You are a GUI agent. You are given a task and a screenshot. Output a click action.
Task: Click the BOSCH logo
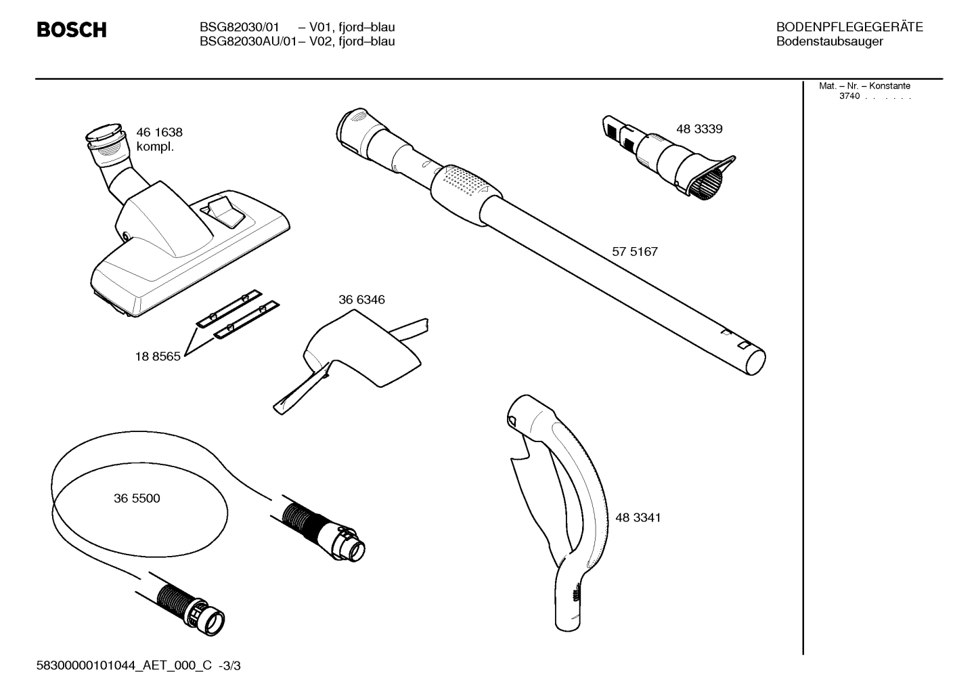coord(71,30)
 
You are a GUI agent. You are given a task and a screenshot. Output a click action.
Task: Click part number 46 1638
coord(159,133)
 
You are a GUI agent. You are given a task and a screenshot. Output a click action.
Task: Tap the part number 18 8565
coord(158,357)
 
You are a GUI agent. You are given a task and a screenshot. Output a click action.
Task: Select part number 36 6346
coord(361,300)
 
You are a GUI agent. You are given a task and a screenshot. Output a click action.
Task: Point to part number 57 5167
coord(635,252)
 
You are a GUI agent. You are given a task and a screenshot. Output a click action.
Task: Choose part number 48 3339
coord(699,129)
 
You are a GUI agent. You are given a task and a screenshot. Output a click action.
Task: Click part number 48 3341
coord(638,518)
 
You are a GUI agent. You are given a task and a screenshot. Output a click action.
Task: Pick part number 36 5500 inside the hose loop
coord(137,498)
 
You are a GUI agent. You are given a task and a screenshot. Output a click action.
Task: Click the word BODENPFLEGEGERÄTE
coord(849,28)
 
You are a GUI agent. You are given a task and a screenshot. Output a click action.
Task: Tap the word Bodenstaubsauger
coord(829,42)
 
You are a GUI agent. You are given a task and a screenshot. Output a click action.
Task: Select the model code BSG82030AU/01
coord(241,42)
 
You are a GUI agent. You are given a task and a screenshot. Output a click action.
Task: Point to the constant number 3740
coord(849,96)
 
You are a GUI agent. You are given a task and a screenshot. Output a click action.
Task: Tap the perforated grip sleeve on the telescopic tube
coord(467,185)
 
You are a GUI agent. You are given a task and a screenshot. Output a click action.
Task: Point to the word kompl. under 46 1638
coord(155,147)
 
